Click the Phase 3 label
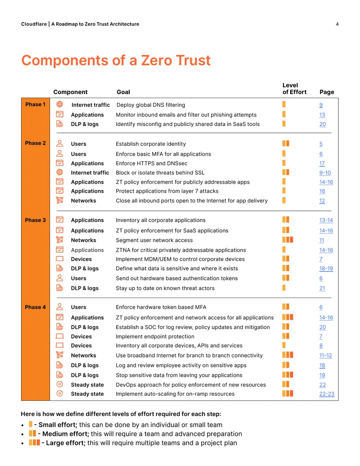36,220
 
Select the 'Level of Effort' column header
294,89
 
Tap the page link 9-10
325,173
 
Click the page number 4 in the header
337,24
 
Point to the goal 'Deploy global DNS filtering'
151,105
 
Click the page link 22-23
327,394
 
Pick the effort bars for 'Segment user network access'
288,240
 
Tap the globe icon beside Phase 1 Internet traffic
60,104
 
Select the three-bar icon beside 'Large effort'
34,443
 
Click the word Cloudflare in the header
34,24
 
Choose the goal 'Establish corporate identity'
151,144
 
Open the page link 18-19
326,268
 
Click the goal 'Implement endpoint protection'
155,336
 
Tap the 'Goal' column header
123,92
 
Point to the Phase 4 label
36,308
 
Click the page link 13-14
326,220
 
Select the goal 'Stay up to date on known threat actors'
165,288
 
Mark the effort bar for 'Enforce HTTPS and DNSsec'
284,163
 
